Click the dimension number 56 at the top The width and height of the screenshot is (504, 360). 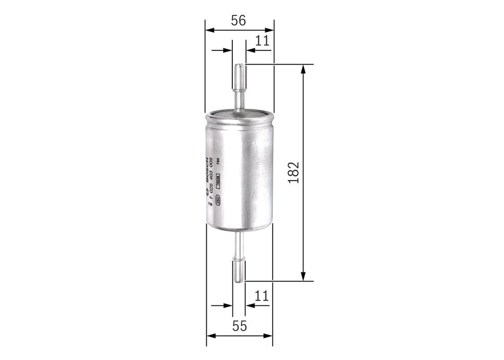point(239,21)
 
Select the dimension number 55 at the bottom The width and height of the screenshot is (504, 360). point(240,326)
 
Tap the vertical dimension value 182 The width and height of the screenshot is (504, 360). point(295,173)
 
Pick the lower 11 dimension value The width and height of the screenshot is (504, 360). point(261,296)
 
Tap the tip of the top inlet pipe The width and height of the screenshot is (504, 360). point(239,66)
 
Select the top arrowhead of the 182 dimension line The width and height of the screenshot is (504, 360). point(303,68)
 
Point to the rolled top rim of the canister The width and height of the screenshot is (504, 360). point(239,113)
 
